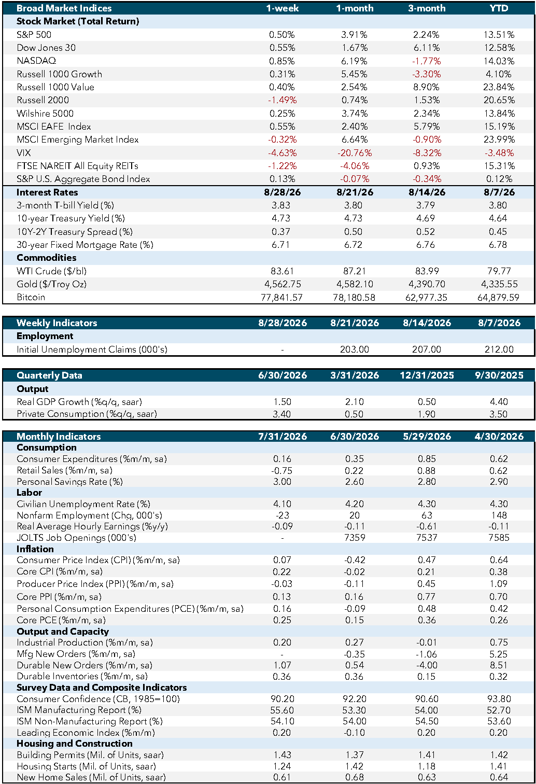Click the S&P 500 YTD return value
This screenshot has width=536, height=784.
[x=499, y=35]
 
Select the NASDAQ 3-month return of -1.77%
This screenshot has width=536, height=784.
[x=427, y=61]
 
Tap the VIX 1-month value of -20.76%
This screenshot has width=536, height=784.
[x=355, y=153]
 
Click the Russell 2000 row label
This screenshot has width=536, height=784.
[x=43, y=100]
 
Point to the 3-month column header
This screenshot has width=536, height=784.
[x=427, y=8]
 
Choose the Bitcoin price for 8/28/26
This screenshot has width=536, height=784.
[x=281, y=298]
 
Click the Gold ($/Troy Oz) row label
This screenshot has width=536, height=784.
[x=51, y=284]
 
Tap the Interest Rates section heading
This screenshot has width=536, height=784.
[x=47, y=192]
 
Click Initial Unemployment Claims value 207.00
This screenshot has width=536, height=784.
[x=427, y=349]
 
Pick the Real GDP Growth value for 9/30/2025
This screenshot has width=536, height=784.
[x=499, y=402]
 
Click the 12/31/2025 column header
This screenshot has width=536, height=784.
[x=427, y=375]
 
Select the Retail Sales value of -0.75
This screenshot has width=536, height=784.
[x=281, y=470]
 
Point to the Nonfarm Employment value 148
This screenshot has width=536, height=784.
[x=499, y=515]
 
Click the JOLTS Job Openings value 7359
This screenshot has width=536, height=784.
[x=355, y=538]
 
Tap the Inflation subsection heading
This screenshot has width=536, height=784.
[x=35, y=549]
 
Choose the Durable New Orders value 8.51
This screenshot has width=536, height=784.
[x=499, y=665]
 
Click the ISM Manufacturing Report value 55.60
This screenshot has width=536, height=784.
[x=282, y=710]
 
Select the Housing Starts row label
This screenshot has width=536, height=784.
[x=86, y=766]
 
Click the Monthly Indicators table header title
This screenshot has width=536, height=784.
[x=59, y=437]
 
